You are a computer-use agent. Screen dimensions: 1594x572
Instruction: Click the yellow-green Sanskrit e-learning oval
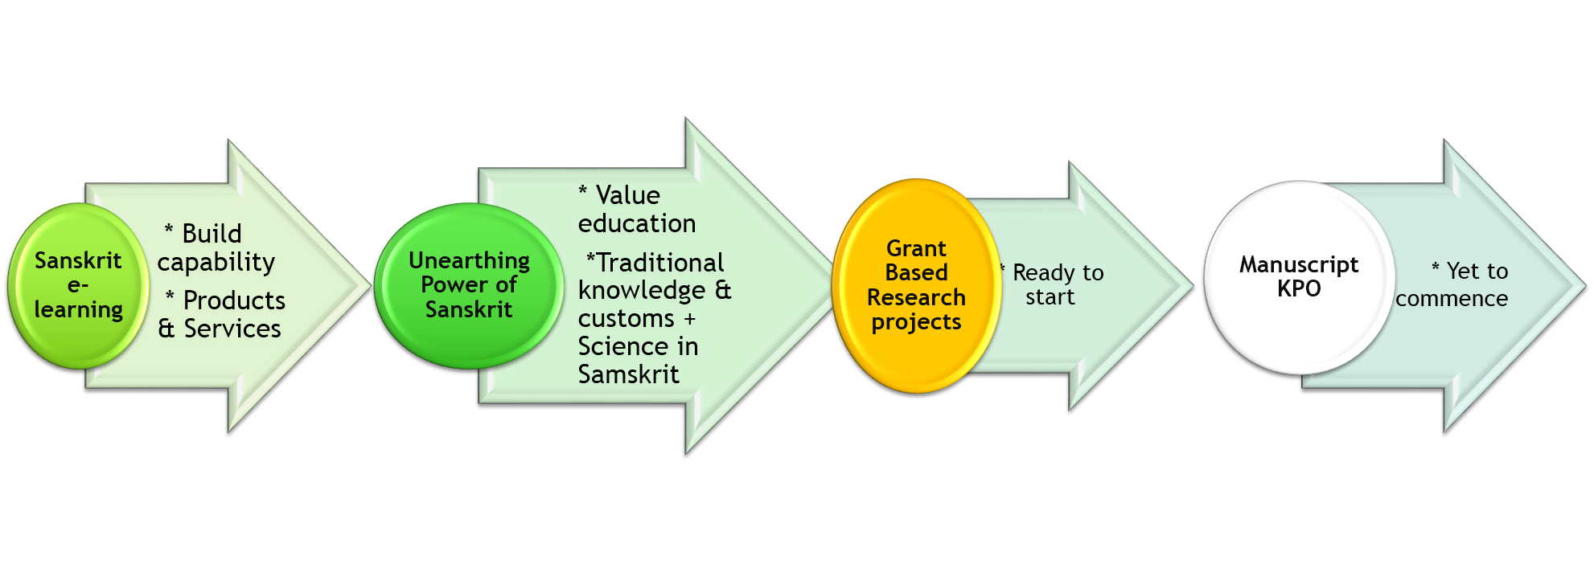click(78, 286)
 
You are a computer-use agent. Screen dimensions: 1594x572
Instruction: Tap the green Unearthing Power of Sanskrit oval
click(469, 286)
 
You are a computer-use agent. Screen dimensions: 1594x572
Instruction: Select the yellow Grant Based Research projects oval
click(916, 286)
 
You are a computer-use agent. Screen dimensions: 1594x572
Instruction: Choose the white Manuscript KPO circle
click(1299, 278)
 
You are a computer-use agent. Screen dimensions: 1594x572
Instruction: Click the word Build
click(212, 234)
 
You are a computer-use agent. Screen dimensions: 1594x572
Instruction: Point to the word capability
click(216, 263)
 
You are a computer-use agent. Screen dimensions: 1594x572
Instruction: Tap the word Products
click(234, 300)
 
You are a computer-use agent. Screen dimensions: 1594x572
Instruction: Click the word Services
click(232, 329)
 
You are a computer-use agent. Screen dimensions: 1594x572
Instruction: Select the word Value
click(627, 195)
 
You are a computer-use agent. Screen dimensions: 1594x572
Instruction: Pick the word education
click(637, 223)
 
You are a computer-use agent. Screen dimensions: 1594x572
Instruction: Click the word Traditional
click(660, 263)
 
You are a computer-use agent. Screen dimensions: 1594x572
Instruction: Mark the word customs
click(626, 319)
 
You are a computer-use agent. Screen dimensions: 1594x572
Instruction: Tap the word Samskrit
click(628, 374)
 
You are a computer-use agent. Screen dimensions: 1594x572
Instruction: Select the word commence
click(1452, 299)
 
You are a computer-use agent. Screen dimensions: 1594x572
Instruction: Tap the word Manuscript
click(1299, 265)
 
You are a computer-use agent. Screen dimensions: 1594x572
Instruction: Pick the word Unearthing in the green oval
click(469, 261)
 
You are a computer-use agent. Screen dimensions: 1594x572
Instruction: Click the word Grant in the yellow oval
click(916, 248)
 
